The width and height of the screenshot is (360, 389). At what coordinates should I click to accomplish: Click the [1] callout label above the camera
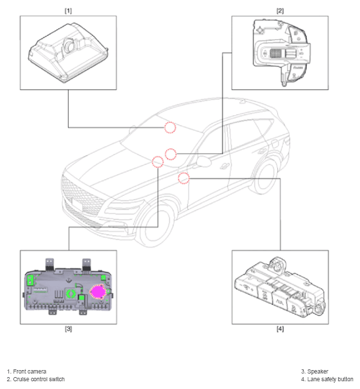click(68, 11)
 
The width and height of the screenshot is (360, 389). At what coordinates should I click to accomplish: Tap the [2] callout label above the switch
click(280, 11)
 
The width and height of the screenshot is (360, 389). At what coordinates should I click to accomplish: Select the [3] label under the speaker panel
click(68, 329)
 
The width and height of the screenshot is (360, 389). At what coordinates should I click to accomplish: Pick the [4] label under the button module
click(280, 329)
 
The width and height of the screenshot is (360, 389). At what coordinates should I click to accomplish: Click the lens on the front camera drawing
click(69, 45)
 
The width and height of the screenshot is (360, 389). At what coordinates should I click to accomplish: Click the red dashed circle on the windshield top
click(170, 128)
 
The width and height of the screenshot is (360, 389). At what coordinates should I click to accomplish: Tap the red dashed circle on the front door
click(184, 178)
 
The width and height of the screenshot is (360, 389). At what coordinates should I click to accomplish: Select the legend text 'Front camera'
click(29, 371)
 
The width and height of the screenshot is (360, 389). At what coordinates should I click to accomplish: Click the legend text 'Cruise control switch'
click(39, 379)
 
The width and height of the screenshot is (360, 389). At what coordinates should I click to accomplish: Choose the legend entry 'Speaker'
click(318, 371)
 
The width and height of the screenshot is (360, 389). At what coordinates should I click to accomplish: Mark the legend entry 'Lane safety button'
click(331, 379)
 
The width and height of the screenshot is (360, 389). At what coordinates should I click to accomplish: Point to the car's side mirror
click(204, 161)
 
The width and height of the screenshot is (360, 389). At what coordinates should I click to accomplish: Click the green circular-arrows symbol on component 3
click(71, 294)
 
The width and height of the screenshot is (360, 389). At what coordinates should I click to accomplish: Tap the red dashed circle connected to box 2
click(171, 154)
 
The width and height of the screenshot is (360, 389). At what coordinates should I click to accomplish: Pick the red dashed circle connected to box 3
click(158, 162)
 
